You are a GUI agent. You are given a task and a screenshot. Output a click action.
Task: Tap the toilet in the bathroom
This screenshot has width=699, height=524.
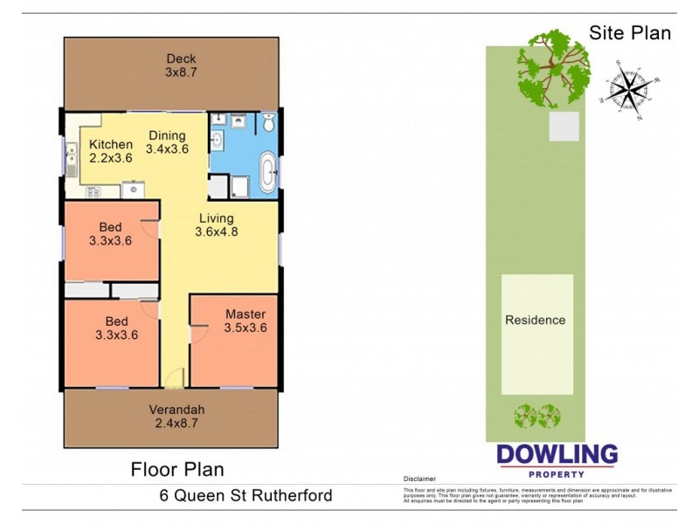(269, 126)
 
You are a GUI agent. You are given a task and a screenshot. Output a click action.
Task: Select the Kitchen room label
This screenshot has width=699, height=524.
(111, 145)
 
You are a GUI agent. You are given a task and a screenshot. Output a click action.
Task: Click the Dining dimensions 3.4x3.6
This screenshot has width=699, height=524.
(167, 149)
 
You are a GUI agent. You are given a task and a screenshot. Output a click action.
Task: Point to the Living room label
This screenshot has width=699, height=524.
(216, 218)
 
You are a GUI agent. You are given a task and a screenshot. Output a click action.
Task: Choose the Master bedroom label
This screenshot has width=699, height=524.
(246, 314)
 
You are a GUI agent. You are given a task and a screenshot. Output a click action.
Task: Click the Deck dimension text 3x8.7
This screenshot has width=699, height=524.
(181, 72)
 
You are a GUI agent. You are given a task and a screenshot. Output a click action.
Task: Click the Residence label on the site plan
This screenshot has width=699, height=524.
(536, 321)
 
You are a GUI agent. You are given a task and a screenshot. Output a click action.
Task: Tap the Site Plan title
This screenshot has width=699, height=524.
(630, 33)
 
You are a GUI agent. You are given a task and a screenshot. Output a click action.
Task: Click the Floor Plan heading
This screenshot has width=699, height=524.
(177, 470)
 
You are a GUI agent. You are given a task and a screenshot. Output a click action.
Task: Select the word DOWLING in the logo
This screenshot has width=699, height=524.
(557, 455)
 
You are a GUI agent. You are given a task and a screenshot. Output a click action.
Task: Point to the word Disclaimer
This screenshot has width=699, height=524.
(419, 479)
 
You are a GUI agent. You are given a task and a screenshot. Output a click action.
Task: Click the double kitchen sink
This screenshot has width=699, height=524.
(71, 160)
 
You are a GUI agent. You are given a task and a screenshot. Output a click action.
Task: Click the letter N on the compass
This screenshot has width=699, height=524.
(640, 117)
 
